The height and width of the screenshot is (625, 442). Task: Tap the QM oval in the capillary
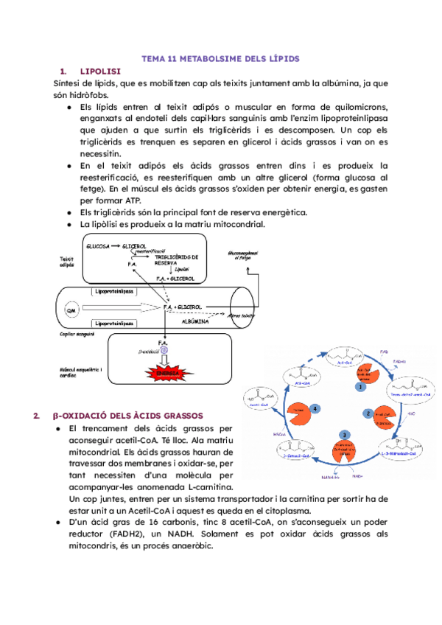pos(72,310)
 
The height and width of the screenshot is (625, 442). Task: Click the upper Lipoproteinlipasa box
pos(114,292)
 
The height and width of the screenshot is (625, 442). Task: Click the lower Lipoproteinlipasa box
pos(114,324)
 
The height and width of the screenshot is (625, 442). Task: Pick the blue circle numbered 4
pos(315,408)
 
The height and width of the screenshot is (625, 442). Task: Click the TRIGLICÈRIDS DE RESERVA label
pos(178,258)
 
